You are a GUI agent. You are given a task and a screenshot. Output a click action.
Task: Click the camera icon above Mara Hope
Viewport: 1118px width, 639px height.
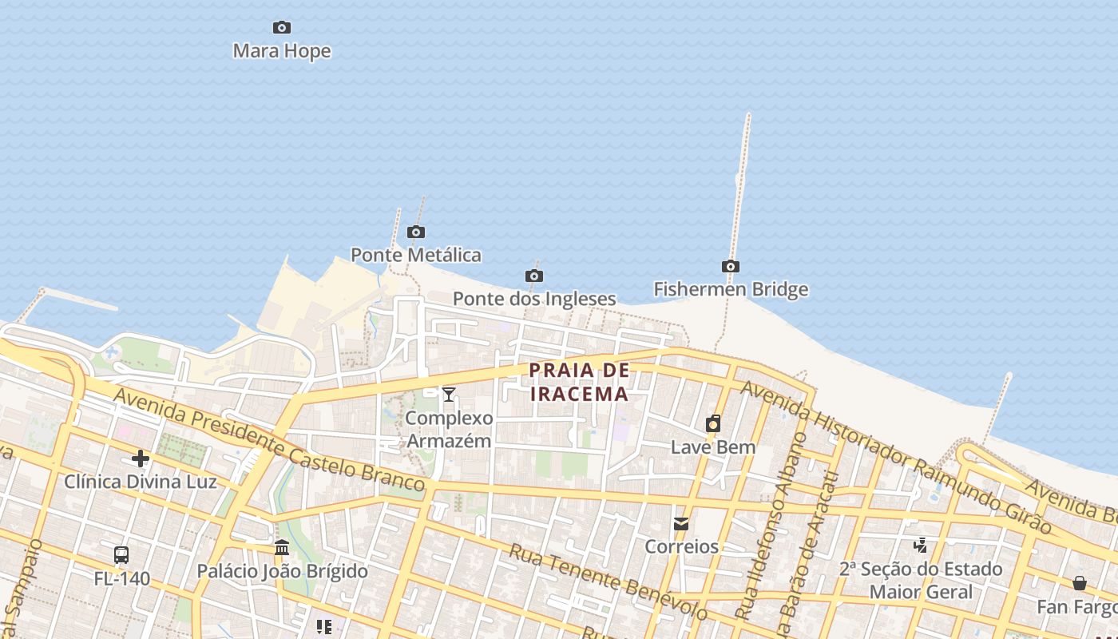[x=281, y=28]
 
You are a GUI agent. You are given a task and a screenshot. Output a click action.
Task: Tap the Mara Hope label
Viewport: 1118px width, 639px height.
[x=281, y=51]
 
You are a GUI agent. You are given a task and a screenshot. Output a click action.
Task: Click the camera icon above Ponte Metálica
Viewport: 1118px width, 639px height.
[x=416, y=232]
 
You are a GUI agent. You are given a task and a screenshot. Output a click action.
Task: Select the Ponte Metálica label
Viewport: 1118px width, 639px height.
[x=416, y=255]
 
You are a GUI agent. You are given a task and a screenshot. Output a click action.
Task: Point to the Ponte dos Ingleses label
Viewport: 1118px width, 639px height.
[x=534, y=299]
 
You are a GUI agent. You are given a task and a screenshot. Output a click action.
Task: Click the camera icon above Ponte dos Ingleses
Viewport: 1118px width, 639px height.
[x=534, y=276]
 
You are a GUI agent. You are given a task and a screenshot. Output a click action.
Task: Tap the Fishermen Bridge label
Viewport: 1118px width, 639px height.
[x=731, y=289]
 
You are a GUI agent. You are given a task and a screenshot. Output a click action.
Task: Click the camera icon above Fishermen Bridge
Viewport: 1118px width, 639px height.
[x=730, y=267]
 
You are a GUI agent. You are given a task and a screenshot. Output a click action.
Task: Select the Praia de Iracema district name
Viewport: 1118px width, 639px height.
[x=580, y=382]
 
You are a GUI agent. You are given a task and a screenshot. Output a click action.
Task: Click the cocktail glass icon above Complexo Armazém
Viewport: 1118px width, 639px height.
[x=449, y=394]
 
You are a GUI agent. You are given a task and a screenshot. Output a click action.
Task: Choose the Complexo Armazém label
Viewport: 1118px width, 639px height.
[x=449, y=429]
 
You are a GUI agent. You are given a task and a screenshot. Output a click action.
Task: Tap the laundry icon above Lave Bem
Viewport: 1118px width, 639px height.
[x=713, y=423]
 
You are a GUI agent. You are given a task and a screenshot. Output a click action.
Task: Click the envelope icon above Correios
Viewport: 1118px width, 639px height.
[x=681, y=524]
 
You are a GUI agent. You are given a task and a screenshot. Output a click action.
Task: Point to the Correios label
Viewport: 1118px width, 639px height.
[x=681, y=547]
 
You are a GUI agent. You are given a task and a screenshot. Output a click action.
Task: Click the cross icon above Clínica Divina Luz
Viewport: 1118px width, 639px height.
[x=141, y=458]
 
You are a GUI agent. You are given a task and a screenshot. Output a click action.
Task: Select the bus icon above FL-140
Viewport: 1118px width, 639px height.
[x=121, y=554]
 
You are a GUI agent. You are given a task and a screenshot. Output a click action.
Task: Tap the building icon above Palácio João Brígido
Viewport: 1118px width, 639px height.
[x=282, y=548]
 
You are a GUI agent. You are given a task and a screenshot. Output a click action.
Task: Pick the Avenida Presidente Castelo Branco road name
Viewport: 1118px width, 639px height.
[x=268, y=440]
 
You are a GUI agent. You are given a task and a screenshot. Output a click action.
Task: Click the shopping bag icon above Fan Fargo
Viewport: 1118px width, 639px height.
[x=1080, y=583]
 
